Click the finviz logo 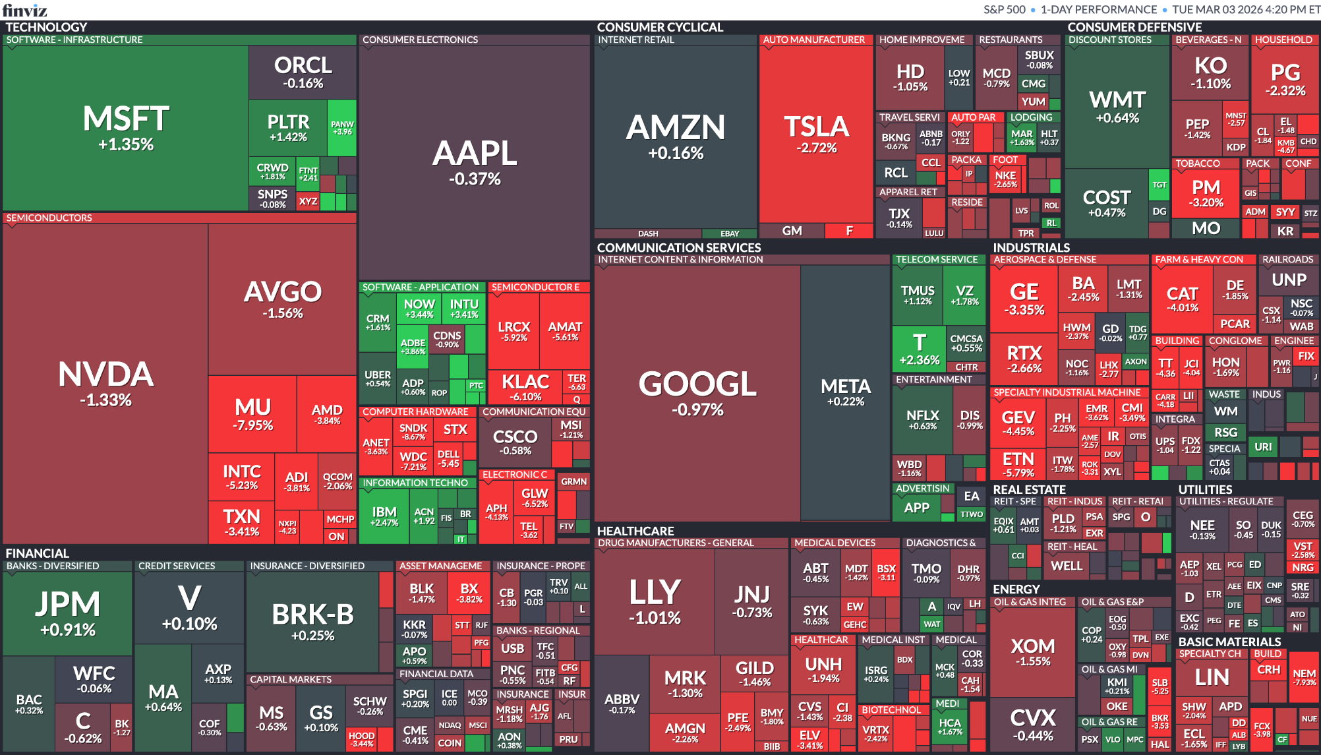(x=25, y=10)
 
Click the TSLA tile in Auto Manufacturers (x=816, y=132)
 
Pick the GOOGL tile (x=697, y=392)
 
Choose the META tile (x=846, y=392)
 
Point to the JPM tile (x=68, y=613)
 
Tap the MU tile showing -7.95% (x=252, y=414)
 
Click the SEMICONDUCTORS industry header (x=49, y=218)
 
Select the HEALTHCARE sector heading (x=635, y=531)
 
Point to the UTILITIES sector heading (x=1205, y=489)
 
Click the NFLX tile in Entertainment (x=922, y=419)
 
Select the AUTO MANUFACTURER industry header (x=814, y=40)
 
